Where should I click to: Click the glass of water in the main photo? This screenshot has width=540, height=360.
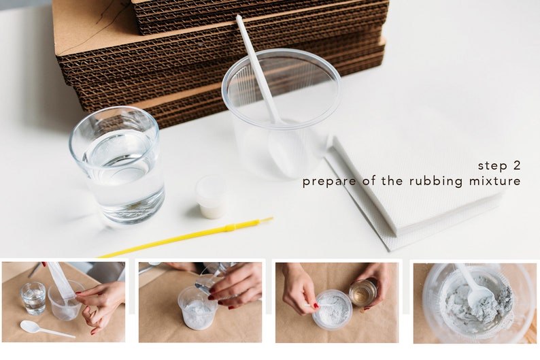(x=117, y=165)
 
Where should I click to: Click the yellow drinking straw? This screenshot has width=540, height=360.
(x=186, y=238)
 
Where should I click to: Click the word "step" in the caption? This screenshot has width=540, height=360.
(x=492, y=165)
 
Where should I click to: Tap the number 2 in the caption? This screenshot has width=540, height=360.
(x=516, y=165)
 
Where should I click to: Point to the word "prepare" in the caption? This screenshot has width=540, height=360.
(x=329, y=182)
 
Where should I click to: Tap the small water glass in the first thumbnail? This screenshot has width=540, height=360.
(x=33, y=298)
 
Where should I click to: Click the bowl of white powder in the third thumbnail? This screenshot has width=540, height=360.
(x=333, y=310)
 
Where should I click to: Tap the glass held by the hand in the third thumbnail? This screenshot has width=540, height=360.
(x=363, y=292)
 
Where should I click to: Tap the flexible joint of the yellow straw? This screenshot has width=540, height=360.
(x=231, y=227)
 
